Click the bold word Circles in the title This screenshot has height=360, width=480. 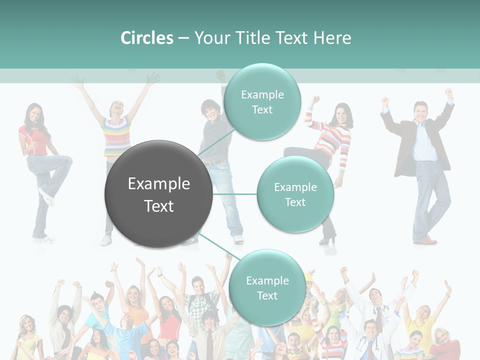[x=146, y=38]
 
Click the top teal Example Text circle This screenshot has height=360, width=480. [x=262, y=102]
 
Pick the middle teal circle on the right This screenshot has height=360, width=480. [x=295, y=194]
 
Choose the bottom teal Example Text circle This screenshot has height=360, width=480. [x=267, y=288]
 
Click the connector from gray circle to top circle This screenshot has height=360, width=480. [x=216, y=140]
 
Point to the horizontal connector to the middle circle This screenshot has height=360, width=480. [x=234, y=194]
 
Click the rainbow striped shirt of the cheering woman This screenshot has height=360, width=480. [x=115, y=135]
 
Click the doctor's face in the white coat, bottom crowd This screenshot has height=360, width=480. [x=374, y=296]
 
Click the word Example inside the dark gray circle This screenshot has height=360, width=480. [x=158, y=184]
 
